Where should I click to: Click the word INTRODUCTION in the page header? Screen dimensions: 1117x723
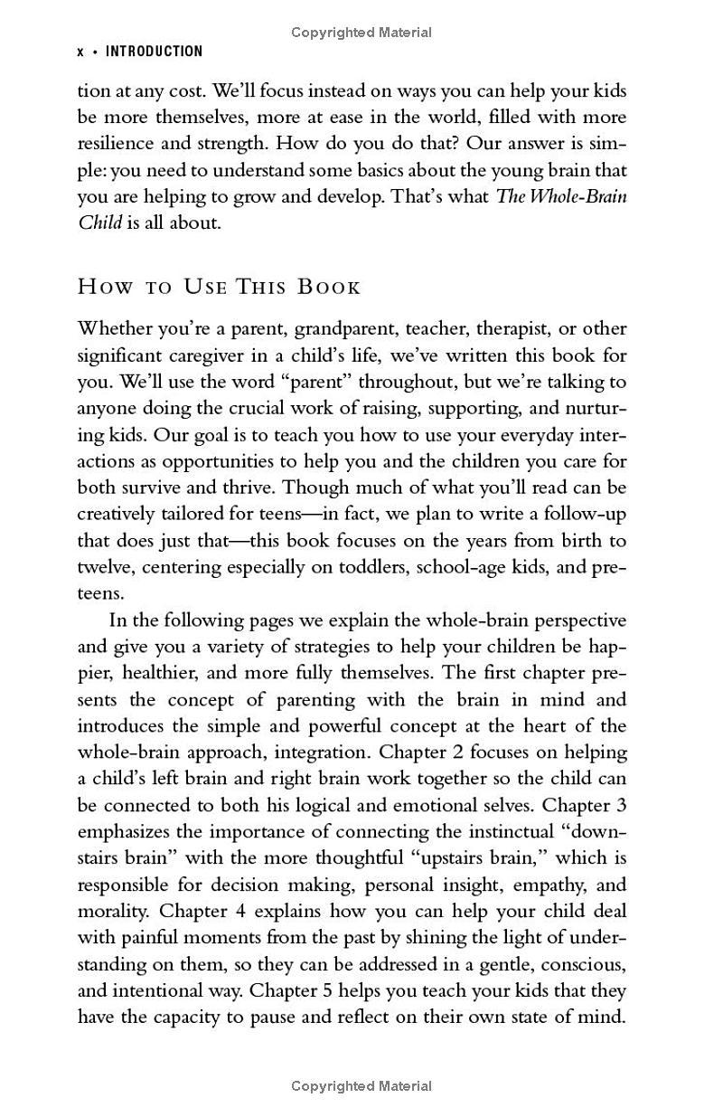coord(155,52)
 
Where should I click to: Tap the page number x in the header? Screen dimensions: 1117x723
coord(80,52)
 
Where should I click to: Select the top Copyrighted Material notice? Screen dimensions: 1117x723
coord(361,33)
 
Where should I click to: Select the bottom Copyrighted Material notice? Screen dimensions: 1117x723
coord(361,1086)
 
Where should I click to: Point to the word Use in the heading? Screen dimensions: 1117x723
coord(207,288)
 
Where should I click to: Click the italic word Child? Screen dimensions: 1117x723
coord(99,222)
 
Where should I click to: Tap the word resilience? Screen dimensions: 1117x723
coord(122,143)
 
